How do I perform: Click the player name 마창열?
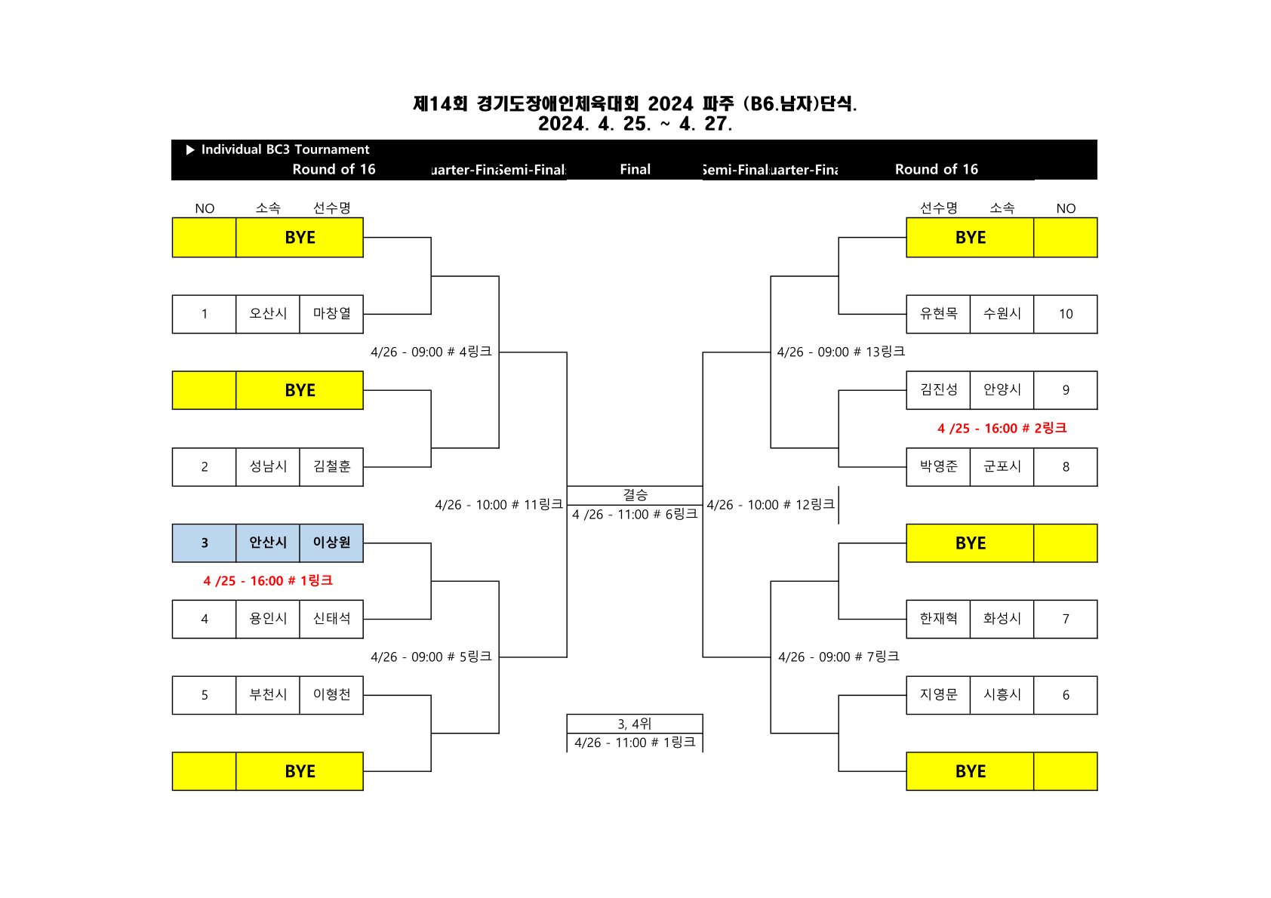pos(331,314)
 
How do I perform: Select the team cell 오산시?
pos(268,314)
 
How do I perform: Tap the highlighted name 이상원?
pos(331,543)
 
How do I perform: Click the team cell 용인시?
pos(268,619)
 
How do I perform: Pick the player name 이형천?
pos(331,695)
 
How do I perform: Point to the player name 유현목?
pos(938,314)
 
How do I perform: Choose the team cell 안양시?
pos(1002,390)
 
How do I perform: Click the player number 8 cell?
pos(1065,467)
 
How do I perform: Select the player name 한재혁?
pos(938,619)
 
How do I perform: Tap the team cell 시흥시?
pos(1002,695)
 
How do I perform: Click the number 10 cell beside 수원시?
pos(1065,314)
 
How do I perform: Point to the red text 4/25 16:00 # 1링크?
pos(268,581)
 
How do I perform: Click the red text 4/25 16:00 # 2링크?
pos(1002,429)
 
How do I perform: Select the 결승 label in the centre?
pos(635,495)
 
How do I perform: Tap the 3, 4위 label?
pos(635,724)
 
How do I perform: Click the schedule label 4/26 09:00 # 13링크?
pos(841,352)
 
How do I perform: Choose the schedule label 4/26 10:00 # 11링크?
pos(499,505)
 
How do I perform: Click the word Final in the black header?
pos(635,170)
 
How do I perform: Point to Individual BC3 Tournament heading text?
pos(285,149)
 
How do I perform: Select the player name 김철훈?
pos(331,467)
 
